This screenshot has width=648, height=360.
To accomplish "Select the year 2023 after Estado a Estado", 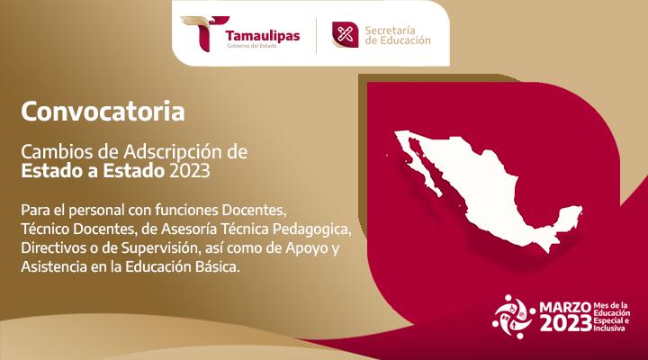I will [197, 168].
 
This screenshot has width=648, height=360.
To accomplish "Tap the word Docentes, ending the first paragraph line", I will [255, 210].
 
